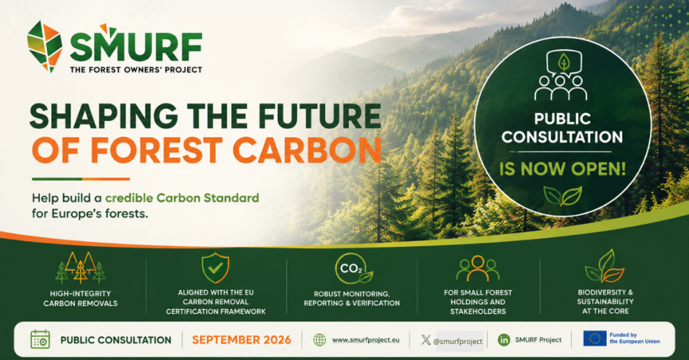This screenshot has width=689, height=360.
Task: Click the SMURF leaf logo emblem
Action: (x=44, y=46)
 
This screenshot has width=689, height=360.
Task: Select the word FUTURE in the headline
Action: (x=320, y=116)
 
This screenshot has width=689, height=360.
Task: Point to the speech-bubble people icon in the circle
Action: (x=561, y=75)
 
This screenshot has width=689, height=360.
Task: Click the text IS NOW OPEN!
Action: (x=562, y=169)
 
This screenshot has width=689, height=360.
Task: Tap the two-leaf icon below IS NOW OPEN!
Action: (x=563, y=196)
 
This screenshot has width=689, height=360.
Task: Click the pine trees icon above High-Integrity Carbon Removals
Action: (x=81, y=267)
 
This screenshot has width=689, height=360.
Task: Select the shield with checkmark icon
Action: (x=215, y=268)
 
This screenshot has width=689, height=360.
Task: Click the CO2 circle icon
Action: (x=353, y=268)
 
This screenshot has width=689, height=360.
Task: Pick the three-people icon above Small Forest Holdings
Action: (x=478, y=268)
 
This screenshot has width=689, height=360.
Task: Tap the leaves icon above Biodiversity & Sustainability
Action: (x=605, y=266)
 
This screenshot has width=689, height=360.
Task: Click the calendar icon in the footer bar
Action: (x=40, y=340)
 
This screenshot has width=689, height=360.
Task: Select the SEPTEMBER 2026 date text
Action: (x=242, y=340)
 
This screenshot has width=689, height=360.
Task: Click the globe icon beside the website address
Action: (x=320, y=340)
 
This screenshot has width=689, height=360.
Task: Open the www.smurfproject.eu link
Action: (x=365, y=340)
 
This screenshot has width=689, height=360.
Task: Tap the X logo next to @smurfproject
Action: (x=425, y=340)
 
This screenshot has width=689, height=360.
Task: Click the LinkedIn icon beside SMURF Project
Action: (x=504, y=340)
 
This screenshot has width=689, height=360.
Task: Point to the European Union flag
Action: (x=595, y=338)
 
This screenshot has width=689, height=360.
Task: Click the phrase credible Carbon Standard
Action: (x=182, y=198)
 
